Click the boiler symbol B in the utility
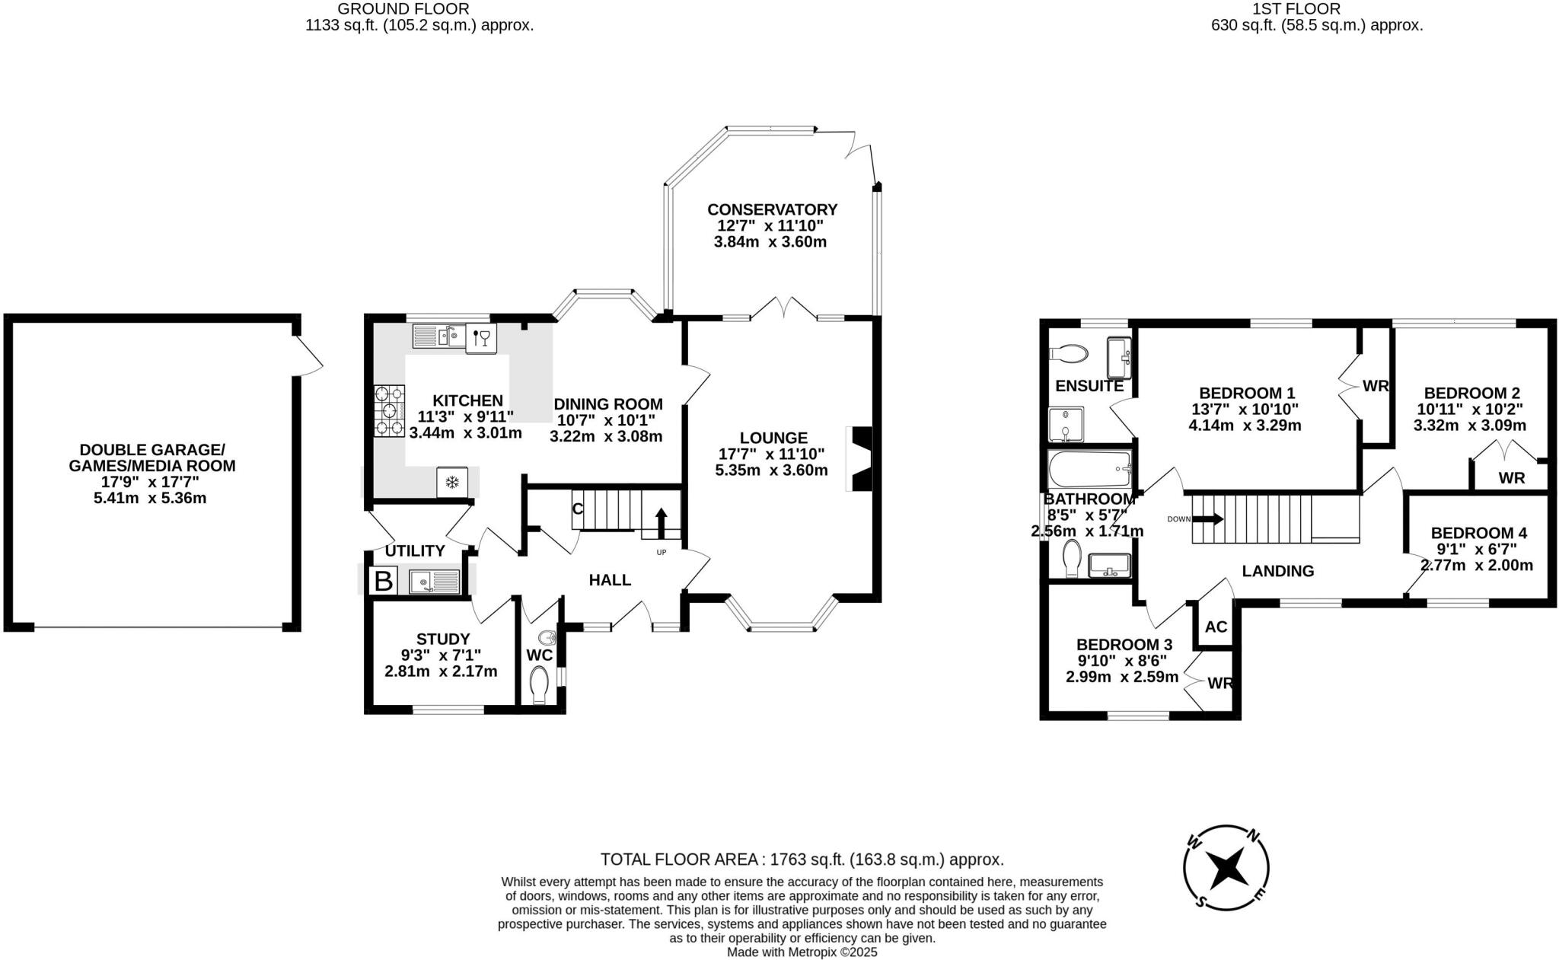tap(383, 582)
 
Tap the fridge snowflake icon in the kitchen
tap(451, 482)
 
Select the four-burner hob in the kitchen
tap(389, 411)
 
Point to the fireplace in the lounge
tap(861, 461)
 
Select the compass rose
tap(1226, 867)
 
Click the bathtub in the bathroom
tap(1089, 468)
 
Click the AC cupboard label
tap(1216, 627)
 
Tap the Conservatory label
tap(772, 209)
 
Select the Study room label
tap(443, 639)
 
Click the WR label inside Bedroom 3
tap(1219, 683)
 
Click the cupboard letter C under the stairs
tap(578, 508)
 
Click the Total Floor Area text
tap(802, 860)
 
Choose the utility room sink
tap(434, 582)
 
